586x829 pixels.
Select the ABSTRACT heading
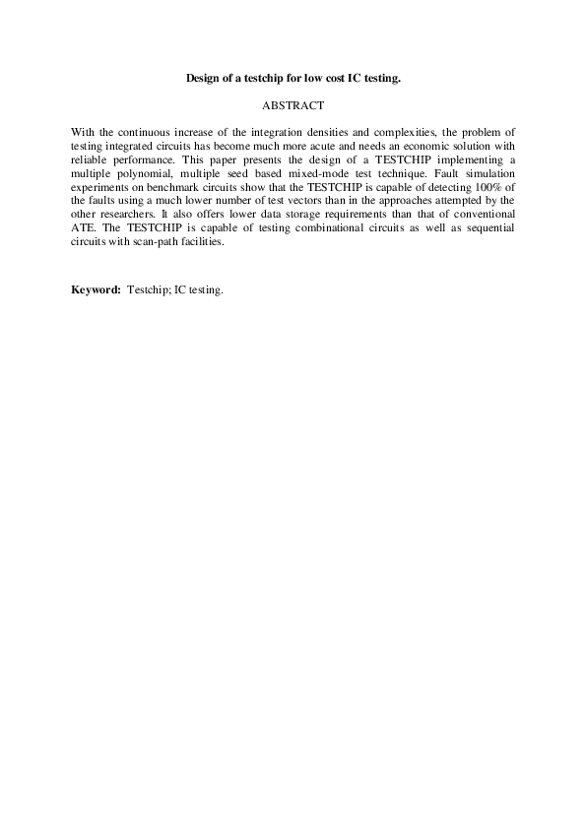293,103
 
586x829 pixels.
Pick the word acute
303,144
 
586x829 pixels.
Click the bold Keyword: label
97,290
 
